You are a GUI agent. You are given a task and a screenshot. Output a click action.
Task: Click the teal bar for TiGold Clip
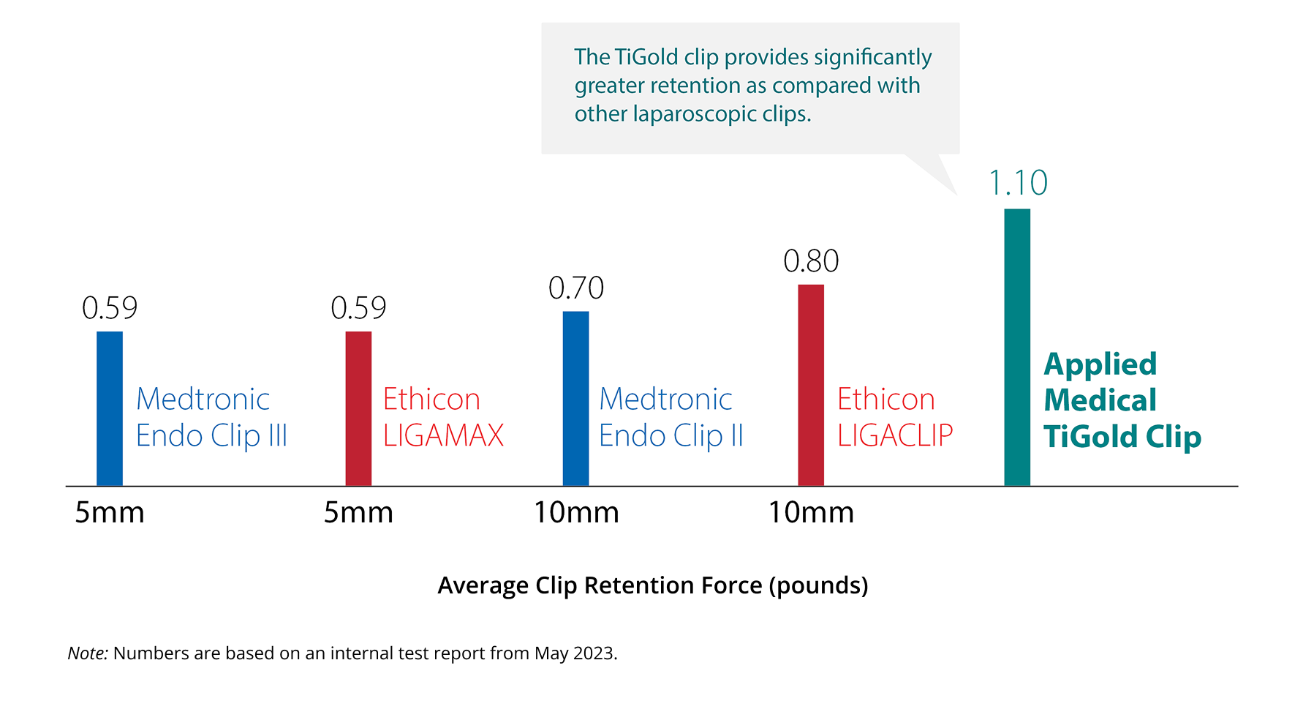(1016, 348)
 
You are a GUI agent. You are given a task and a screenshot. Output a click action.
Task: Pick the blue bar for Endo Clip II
(575, 399)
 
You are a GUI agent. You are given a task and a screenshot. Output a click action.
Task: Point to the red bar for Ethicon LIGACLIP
(810, 385)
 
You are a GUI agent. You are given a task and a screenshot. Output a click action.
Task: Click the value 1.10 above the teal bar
(1018, 183)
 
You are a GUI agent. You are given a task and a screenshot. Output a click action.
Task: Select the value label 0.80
(811, 261)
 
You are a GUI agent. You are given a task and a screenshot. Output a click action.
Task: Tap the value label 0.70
(576, 288)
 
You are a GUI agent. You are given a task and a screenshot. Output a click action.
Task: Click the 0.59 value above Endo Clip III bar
(110, 308)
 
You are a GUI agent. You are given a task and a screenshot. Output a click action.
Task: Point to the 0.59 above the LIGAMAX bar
(358, 308)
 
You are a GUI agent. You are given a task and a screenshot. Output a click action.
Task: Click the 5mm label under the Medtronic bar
(110, 513)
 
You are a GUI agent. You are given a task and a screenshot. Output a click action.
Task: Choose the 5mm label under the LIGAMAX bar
(358, 513)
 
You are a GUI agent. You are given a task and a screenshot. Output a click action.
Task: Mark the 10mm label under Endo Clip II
(576, 513)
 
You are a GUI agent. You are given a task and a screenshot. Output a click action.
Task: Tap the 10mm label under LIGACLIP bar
(811, 513)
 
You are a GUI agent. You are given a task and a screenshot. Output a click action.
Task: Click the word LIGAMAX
(443, 436)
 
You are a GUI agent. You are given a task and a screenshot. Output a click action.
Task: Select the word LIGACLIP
(895, 436)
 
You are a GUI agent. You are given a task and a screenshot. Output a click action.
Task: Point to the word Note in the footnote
(87, 653)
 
